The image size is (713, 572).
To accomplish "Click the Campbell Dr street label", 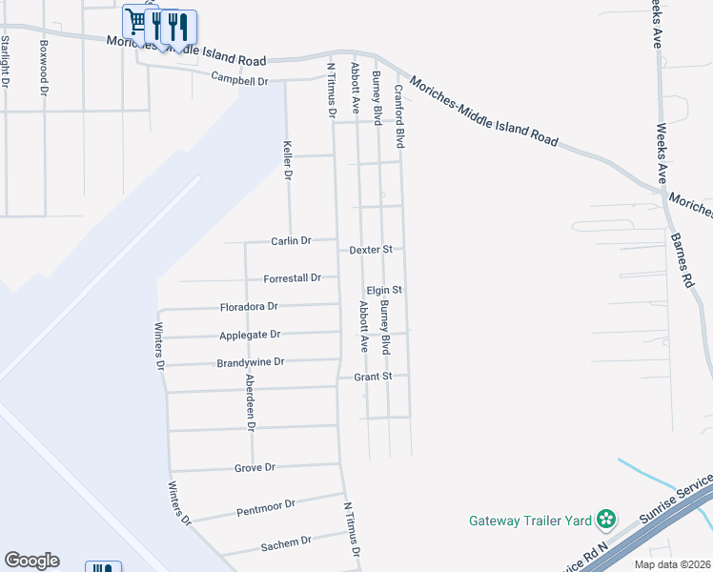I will tap(239, 81).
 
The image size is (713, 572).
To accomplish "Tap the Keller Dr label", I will tap(287, 161).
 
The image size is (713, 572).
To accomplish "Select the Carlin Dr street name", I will tap(291, 241).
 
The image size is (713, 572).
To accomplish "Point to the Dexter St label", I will tap(371, 250).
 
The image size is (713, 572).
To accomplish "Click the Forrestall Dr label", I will tap(293, 278).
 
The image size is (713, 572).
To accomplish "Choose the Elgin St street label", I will tap(384, 289).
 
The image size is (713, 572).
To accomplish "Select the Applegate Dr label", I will tap(250, 335).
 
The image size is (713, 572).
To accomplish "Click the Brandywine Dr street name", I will tap(251, 362).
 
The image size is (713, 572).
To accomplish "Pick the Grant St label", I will tap(373, 377).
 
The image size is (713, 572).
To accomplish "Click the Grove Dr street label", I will tap(255, 468).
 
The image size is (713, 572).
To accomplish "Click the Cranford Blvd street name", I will tap(400, 115).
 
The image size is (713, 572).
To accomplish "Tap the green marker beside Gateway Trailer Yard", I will tap(605, 520).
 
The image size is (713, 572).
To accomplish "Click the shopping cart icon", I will tap(134, 21).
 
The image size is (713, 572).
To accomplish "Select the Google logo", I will tap(31, 561).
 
